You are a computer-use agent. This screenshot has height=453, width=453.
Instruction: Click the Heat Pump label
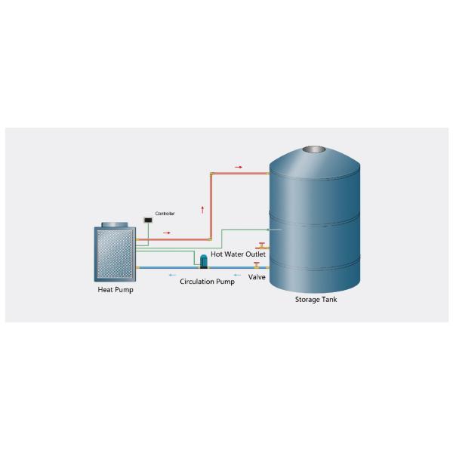click(x=116, y=289)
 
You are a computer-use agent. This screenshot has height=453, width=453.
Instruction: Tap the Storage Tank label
click(x=316, y=300)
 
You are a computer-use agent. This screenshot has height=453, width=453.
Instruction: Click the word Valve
click(x=257, y=277)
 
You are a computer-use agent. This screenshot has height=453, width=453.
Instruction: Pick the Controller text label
click(x=165, y=214)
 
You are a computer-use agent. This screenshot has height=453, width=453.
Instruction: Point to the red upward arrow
click(x=202, y=208)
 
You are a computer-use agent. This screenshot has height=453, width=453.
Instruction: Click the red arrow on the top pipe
click(x=239, y=166)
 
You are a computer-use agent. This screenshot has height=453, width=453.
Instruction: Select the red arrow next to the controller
click(x=167, y=233)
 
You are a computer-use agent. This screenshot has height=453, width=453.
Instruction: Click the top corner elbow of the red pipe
click(x=211, y=174)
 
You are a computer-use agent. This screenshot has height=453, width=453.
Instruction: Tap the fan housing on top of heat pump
click(x=115, y=224)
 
